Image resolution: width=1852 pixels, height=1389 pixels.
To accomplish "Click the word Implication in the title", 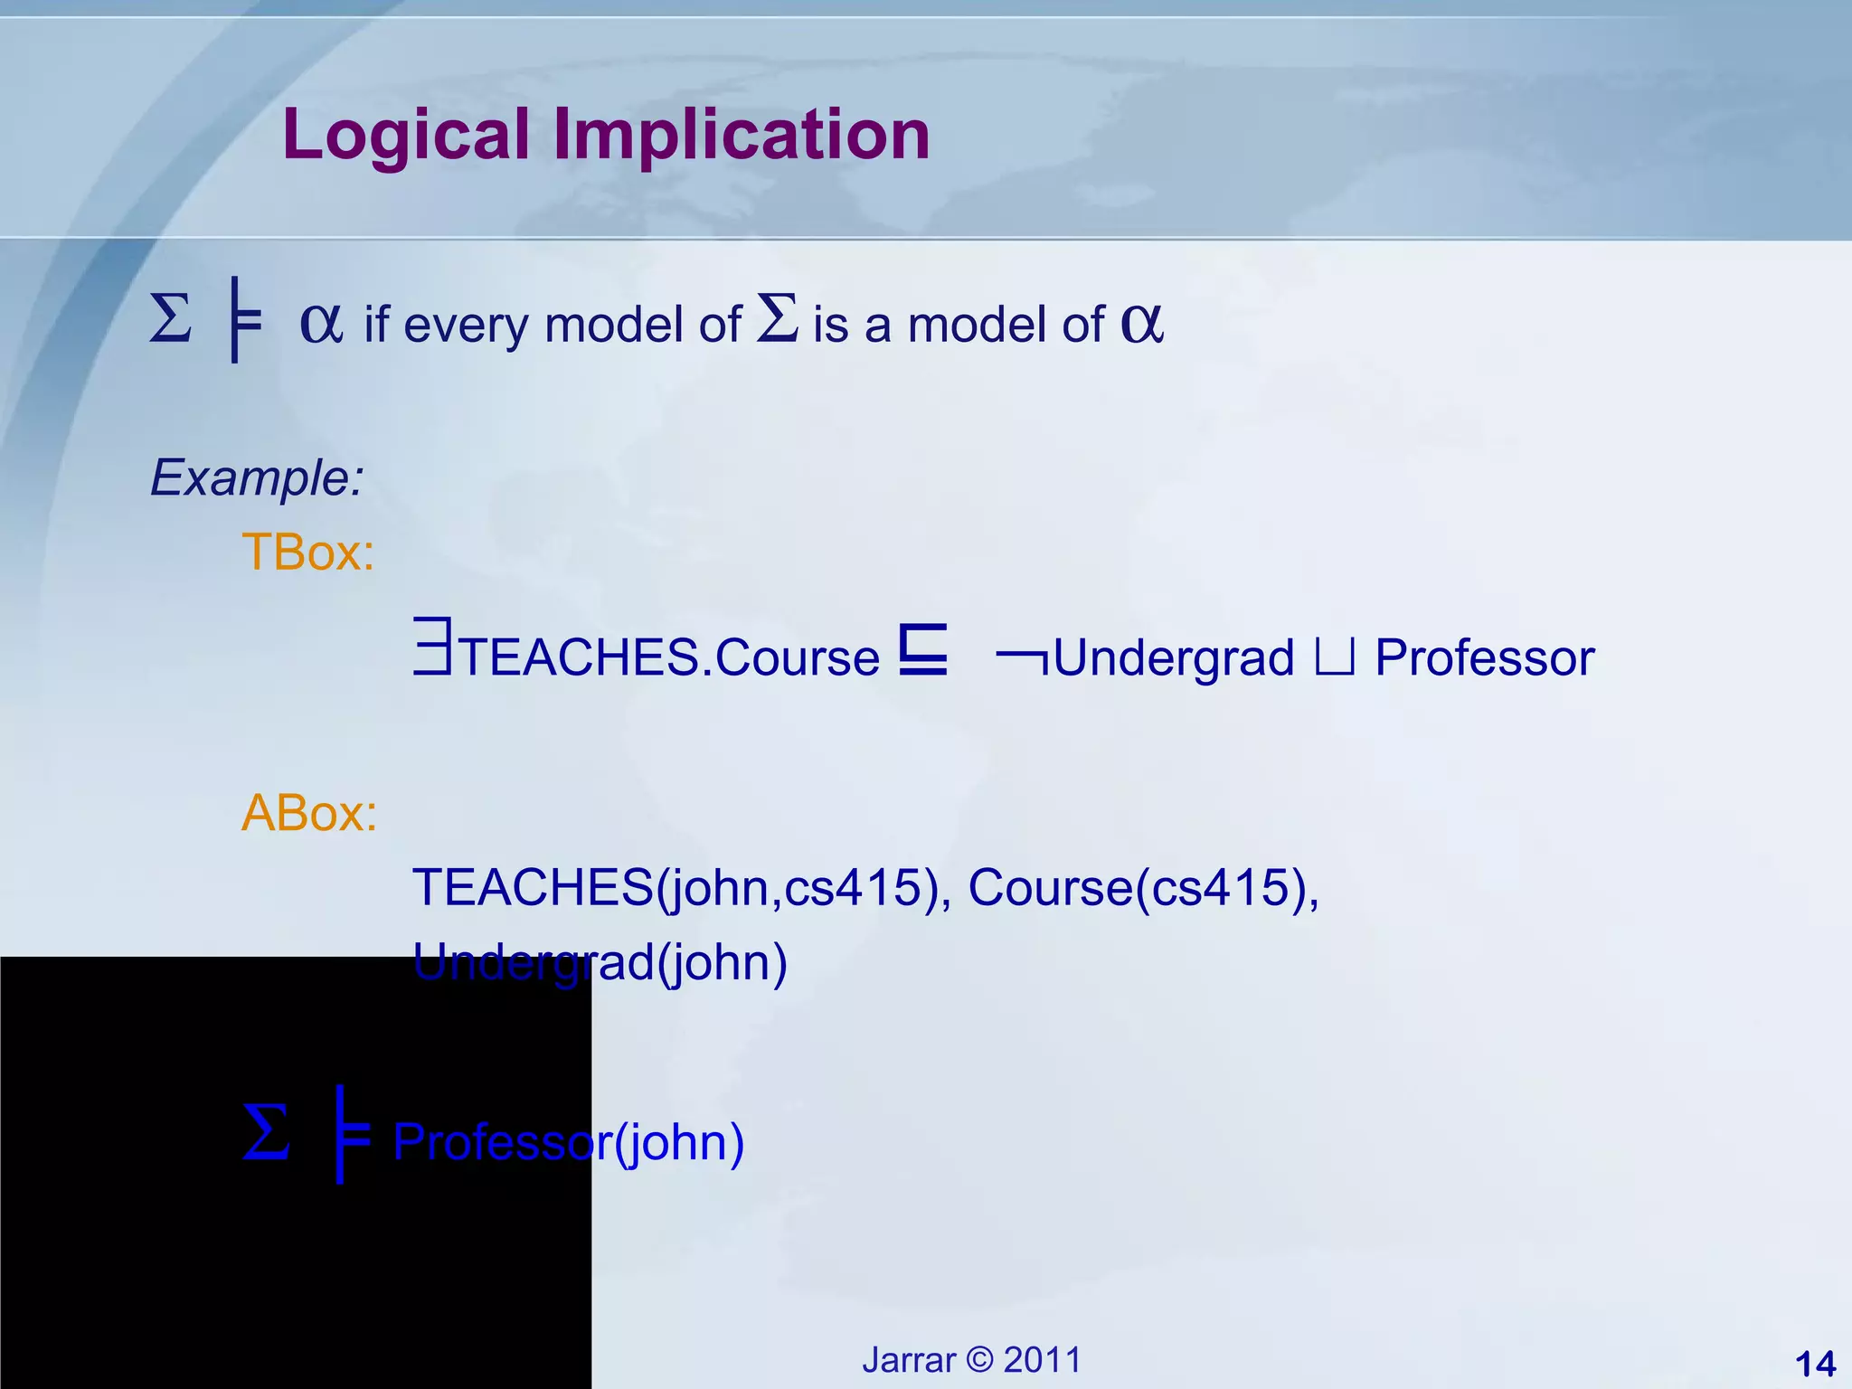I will coord(742,135).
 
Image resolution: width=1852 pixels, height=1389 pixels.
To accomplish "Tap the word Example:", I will coord(257,477).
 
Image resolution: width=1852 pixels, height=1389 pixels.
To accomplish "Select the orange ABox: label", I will coord(308,812).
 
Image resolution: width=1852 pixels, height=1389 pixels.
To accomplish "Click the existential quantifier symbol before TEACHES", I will coord(432,647).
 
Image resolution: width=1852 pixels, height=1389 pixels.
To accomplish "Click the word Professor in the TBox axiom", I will coord(1484,657).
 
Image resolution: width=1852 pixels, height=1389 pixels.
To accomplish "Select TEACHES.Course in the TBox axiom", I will coord(669,657).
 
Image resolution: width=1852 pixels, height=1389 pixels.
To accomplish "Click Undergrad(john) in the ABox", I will coord(600,962).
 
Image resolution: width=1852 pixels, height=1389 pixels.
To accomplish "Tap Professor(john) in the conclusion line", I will coord(569,1142).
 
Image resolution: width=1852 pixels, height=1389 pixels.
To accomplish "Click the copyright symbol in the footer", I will coord(979,1360).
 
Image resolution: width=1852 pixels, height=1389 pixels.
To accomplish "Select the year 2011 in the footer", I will coord(1043,1360).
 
